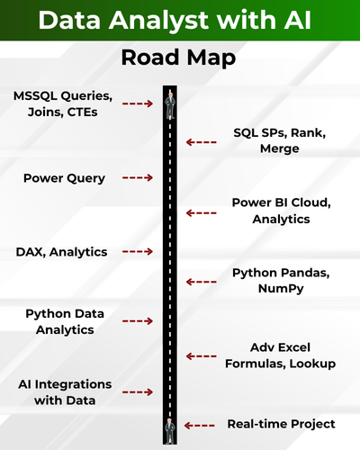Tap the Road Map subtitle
(x=178, y=58)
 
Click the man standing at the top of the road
(x=170, y=105)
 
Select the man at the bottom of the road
(x=170, y=431)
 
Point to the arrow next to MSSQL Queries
(x=138, y=103)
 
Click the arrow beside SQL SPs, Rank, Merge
(x=201, y=142)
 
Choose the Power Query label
(x=64, y=178)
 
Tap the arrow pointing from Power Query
(x=138, y=177)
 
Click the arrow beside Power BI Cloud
(x=201, y=213)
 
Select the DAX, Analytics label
(x=61, y=252)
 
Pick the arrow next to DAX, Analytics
(x=138, y=251)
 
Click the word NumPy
(x=281, y=289)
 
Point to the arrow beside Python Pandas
(x=201, y=282)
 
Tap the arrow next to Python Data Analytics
(x=138, y=321)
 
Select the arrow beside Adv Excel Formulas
(x=201, y=356)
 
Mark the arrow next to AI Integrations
(x=138, y=391)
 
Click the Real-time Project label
(x=281, y=424)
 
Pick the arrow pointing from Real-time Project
(x=200, y=426)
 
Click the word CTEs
(x=82, y=112)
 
